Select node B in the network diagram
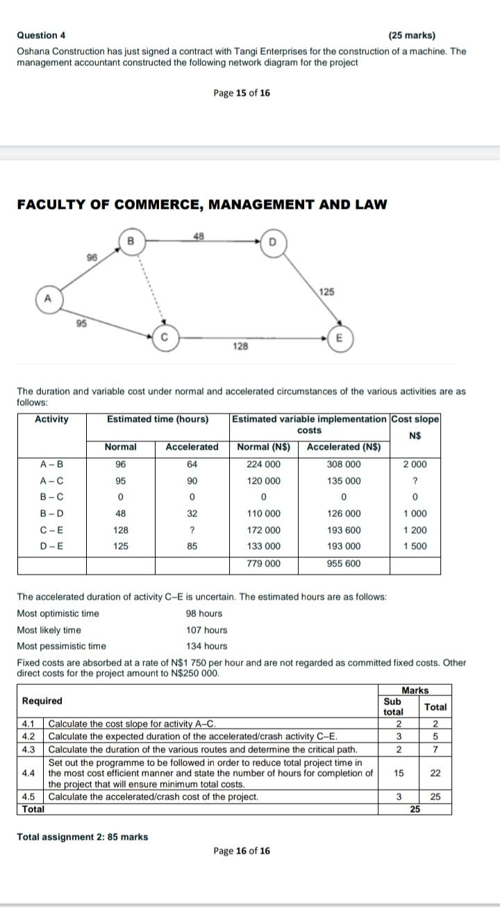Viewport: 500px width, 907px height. [129, 240]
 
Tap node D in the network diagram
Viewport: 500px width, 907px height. [272, 241]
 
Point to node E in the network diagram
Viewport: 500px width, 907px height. [339, 338]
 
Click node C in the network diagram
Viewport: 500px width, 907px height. [165, 338]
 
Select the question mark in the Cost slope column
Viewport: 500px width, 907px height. [415, 481]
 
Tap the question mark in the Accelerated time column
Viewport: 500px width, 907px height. [192, 530]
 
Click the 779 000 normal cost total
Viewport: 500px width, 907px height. [264, 563]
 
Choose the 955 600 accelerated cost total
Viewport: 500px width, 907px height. [344, 563]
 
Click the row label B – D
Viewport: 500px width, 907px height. [52, 514]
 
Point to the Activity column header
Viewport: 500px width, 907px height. [52, 419]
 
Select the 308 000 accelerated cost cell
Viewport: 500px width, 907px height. [344, 464]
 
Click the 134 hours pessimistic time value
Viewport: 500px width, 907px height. [206, 646]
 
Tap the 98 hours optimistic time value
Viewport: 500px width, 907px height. [204, 613]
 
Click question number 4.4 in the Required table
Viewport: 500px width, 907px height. [28, 772]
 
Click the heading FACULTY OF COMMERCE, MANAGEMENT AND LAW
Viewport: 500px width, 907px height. [201, 204]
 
